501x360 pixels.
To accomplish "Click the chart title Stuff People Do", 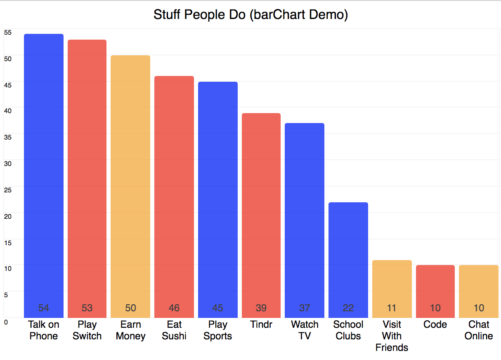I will pyautogui.click(x=250, y=15).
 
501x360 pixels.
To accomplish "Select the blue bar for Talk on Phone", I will pyautogui.click(x=44, y=173).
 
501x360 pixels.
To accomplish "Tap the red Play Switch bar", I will pyautogui.click(x=87, y=178).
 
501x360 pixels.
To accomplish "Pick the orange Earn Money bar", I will pyautogui.click(x=130, y=186).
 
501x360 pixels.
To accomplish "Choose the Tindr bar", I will pyautogui.click(x=261, y=215).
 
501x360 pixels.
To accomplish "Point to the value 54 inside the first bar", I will pyautogui.click(x=44, y=308).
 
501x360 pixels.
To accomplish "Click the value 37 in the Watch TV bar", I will pyautogui.click(x=305, y=308).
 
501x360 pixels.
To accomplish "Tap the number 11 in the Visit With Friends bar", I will pyautogui.click(x=392, y=308).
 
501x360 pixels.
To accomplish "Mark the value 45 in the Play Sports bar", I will pyautogui.click(x=217, y=308).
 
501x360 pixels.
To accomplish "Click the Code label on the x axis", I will pyautogui.click(x=435, y=324).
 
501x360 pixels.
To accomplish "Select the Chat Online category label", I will pyautogui.click(x=479, y=330).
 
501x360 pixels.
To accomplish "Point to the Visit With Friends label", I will pyautogui.click(x=392, y=336).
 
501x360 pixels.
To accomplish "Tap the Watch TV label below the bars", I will pyautogui.click(x=305, y=330).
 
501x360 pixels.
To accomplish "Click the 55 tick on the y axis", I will pyautogui.click(x=7, y=32).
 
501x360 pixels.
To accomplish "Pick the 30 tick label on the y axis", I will pyautogui.click(x=7, y=163).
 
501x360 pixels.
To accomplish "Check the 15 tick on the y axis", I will pyautogui.click(x=7, y=242).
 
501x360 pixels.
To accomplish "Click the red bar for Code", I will pyautogui.click(x=435, y=289).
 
